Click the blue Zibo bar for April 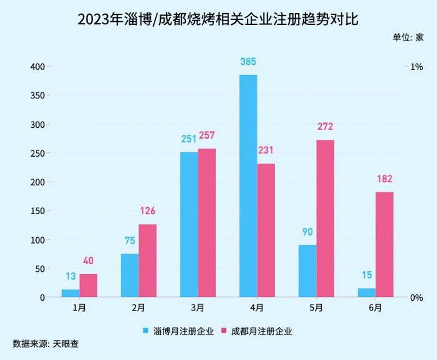pyautogui.click(x=248, y=186)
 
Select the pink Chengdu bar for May pyautogui.click(x=325, y=219)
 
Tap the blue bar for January pyautogui.click(x=71, y=293)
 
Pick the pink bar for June pyautogui.click(x=384, y=245)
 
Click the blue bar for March pyautogui.click(x=189, y=225)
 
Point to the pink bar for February pyautogui.click(x=147, y=260)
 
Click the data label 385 pyautogui.click(x=248, y=61)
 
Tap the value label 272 pyautogui.click(x=325, y=127)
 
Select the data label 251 pyautogui.click(x=189, y=139)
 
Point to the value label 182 pyautogui.click(x=385, y=179)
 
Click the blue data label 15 pyautogui.click(x=367, y=275)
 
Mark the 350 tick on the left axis pyautogui.click(x=38, y=95)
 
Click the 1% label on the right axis pyautogui.click(x=417, y=67)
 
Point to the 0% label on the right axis pyautogui.click(x=417, y=297)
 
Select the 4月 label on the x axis pyautogui.click(x=257, y=308)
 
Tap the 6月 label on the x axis pyautogui.click(x=375, y=308)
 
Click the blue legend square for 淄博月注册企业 pyautogui.click(x=146, y=331)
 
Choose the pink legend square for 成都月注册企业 pyautogui.click(x=224, y=331)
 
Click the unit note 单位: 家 pyautogui.click(x=408, y=38)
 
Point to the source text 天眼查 pyautogui.click(x=65, y=344)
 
